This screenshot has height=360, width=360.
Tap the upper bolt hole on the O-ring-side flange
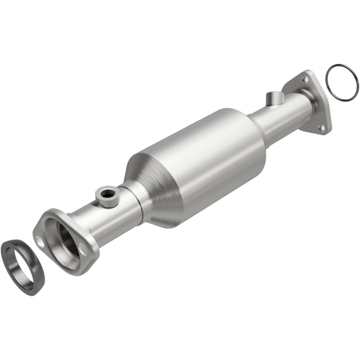pyautogui.click(x=305, y=79)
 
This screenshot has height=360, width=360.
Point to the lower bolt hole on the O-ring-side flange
pyautogui.click(x=322, y=128)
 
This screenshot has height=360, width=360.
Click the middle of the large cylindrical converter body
pyautogui.click(x=210, y=160)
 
